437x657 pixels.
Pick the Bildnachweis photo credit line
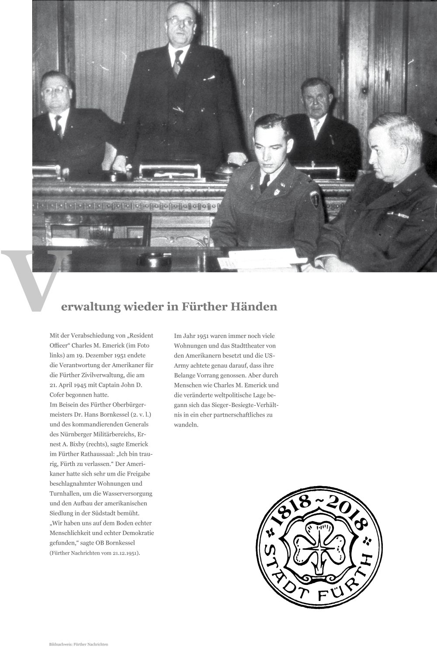tap(79, 645)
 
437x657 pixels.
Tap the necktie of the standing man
tap(177, 66)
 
